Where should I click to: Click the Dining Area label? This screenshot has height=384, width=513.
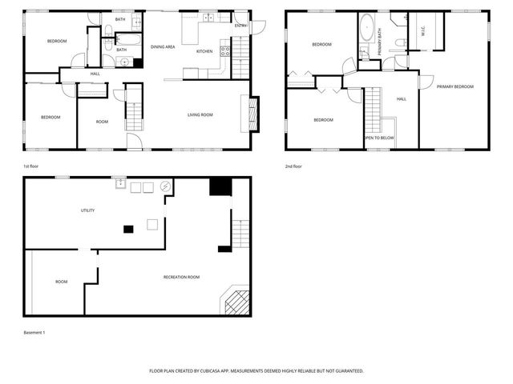coord(163,47)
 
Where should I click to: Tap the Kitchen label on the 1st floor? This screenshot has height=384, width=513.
coord(205,51)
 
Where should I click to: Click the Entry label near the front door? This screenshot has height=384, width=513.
coord(241,26)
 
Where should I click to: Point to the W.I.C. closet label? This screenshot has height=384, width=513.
coord(422,32)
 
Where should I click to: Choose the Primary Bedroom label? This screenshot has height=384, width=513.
coord(455,86)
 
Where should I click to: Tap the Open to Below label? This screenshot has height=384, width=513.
coord(379,138)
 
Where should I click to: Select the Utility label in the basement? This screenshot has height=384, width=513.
coord(87,210)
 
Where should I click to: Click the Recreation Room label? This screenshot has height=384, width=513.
coord(181,277)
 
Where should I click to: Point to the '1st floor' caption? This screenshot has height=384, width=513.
coord(33,166)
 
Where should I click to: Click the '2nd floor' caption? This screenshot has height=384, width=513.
coord(293,166)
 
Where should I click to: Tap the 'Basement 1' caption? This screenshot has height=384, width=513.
coord(34,331)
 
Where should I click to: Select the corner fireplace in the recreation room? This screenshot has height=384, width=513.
coord(236,302)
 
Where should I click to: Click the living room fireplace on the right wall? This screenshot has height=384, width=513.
coord(254,114)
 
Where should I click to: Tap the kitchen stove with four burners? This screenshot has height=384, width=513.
coord(225,51)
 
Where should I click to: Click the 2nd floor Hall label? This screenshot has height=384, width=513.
coord(402,99)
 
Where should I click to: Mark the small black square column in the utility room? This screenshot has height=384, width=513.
coord(128,230)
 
